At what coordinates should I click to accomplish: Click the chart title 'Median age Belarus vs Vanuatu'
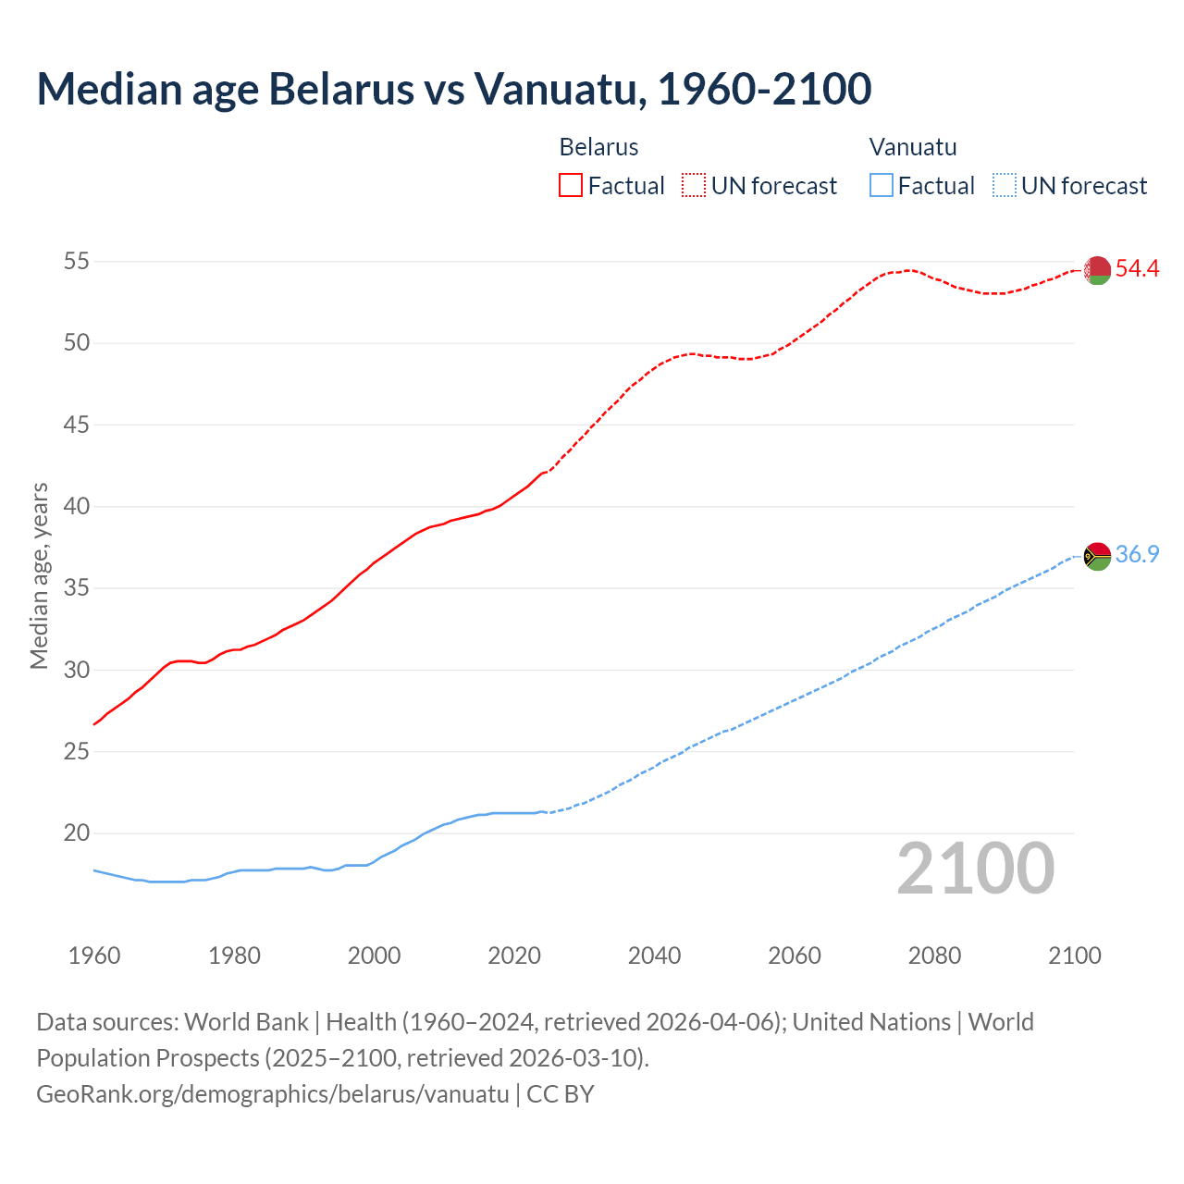pyautogui.click(x=453, y=89)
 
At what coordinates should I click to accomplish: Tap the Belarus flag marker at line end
pyautogui.click(x=1097, y=270)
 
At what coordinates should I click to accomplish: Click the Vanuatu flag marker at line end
pyautogui.click(x=1097, y=556)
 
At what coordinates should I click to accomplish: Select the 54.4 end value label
pyautogui.click(x=1137, y=269)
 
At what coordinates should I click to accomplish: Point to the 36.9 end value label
pyautogui.click(x=1137, y=555)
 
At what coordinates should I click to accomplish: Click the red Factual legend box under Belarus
pyautogui.click(x=571, y=186)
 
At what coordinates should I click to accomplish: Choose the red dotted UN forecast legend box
pyautogui.click(x=694, y=186)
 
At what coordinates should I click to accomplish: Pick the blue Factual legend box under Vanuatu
pyautogui.click(x=882, y=186)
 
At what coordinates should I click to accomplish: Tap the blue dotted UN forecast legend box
pyautogui.click(x=1004, y=186)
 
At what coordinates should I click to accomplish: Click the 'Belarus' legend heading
pyautogui.click(x=598, y=147)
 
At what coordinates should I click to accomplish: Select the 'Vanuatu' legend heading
pyautogui.click(x=913, y=147)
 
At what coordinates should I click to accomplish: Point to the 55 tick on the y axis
pyautogui.click(x=77, y=262)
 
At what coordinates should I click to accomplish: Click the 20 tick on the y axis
pyautogui.click(x=77, y=833)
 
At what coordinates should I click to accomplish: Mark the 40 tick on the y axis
pyautogui.click(x=77, y=507)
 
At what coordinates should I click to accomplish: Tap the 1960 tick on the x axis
pyautogui.click(x=94, y=956)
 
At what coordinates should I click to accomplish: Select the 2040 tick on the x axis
pyautogui.click(x=654, y=956)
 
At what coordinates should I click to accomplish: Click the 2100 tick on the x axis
pyautogui.click(x=1074, y=956)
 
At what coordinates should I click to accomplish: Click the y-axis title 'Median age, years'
pyautogui.click(x=39, y=575)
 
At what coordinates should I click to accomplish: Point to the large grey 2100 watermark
pyautogui.click(x=976, y=869)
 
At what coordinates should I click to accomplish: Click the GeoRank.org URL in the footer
pyautogui.click(x=273, y=1094)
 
